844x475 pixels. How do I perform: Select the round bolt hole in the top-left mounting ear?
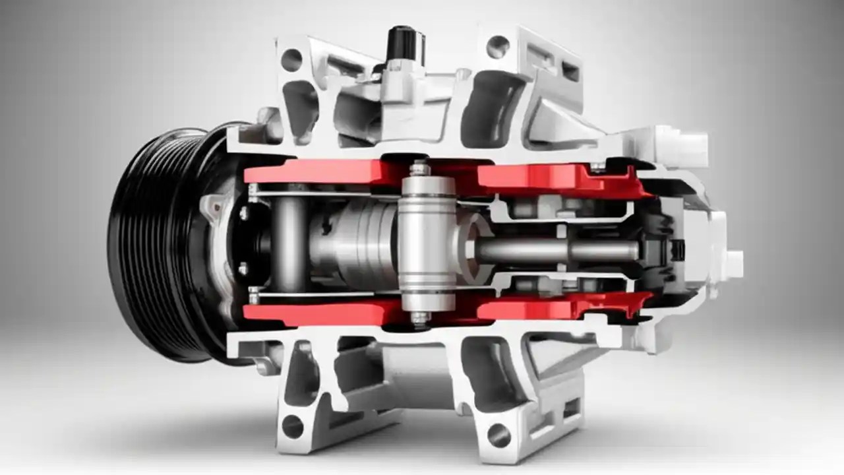click(291, 60)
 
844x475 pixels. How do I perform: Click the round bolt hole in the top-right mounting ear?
click(498, 46)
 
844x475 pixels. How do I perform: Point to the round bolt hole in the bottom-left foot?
click(293, 426)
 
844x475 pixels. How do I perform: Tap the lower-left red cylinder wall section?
click(316, 313)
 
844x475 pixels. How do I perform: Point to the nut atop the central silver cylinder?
click(419, 170)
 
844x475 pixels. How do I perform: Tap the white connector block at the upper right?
click(686, 142)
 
